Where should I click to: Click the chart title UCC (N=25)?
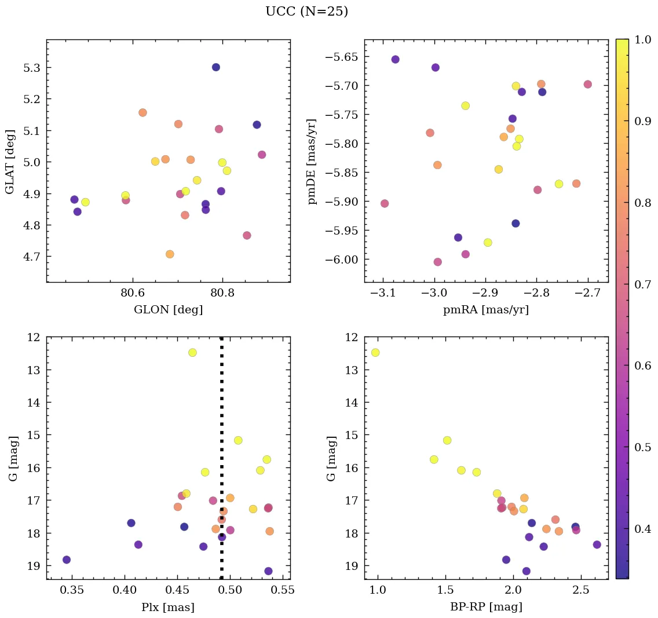point(306,12)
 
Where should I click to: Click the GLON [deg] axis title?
point(168,310)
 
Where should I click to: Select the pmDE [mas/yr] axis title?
point(312,161)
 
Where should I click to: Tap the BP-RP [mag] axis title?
point(486,607)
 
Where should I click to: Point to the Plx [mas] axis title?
point(168,607)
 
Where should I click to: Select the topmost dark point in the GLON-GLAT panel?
point(216,67)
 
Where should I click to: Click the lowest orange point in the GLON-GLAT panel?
point(170,254)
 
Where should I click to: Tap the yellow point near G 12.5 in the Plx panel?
point(192,353)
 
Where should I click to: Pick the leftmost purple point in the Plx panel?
point(67,560)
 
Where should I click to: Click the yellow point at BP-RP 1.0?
point(375,353)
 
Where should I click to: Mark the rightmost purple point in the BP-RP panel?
point(597,544)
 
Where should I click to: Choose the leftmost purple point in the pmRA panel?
point(396,59)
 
